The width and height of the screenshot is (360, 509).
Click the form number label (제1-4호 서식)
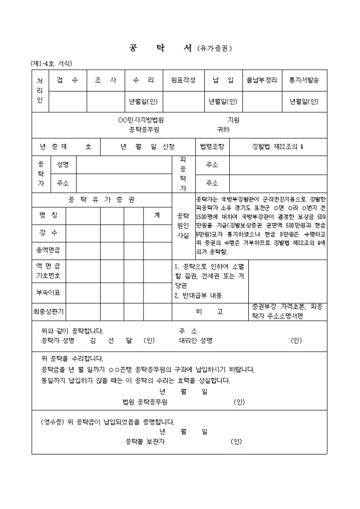click(51, 63)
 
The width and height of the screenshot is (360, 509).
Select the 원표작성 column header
click(183, 80)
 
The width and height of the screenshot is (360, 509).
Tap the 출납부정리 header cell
click(262, 80)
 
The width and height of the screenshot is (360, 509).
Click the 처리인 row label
click(40, 91)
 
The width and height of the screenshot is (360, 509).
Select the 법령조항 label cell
click(212, 146)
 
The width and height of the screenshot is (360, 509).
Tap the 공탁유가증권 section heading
click(102, 199)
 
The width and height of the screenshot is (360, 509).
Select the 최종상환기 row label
click(48, 312)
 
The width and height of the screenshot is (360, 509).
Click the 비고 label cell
click(210, 312)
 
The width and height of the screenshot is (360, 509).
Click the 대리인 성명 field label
click(195, 341)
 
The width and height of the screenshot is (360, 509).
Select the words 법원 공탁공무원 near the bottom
click(145, 402)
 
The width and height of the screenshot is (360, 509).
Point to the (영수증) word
click(52, 422)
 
